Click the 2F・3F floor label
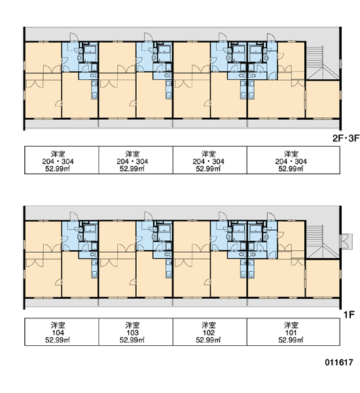(x=346, y=138)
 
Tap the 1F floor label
(x=349, y=314)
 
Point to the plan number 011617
(x=339, y=362)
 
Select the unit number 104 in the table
(x=58, y=333)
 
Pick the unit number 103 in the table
(x=132, y=333)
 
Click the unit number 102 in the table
(x=208, y=333)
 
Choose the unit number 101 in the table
(x=291, y=333)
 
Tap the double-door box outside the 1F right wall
(x=346, y=241)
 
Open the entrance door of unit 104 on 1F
(x=74, y=216)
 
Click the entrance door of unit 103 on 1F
(x=149, y=216)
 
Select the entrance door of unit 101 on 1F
(x=271, y=216)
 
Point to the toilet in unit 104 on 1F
(x=93, y=254)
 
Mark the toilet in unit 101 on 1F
(x=252, y=254)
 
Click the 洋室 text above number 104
(x=58, y=326)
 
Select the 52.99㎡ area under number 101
(x=291, y=340)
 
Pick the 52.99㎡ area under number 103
(x=132, y=340)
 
